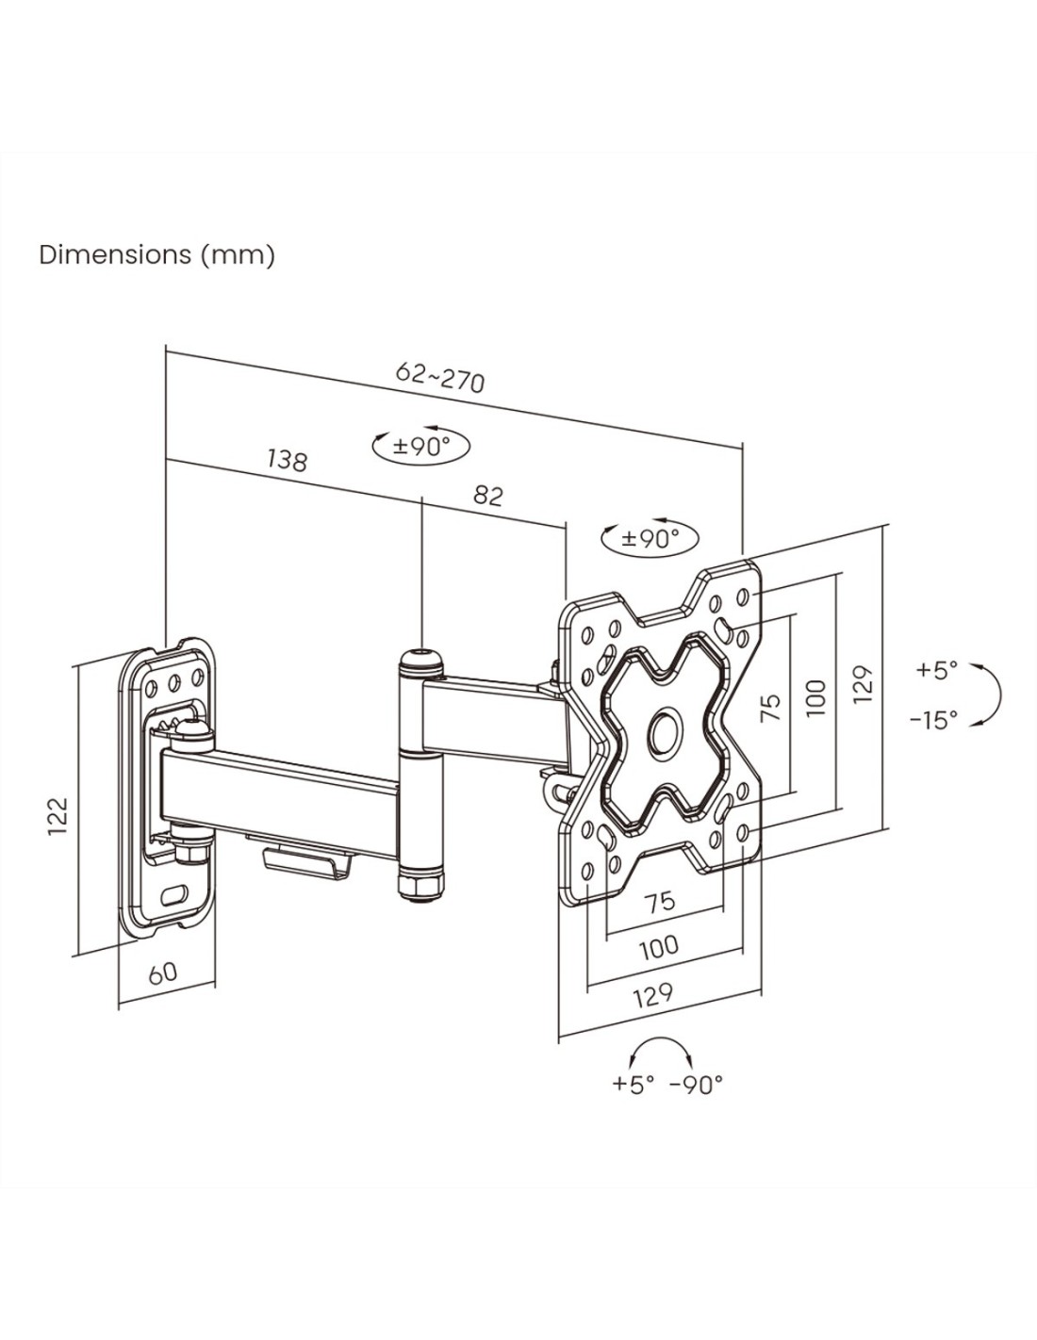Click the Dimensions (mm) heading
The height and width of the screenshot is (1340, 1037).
point(156,254)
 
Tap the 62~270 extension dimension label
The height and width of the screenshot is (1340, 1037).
point(440,377)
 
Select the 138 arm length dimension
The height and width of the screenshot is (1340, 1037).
point(287,459)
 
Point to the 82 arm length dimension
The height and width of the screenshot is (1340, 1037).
point(488,495)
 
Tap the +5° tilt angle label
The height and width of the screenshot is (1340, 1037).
point(937,670)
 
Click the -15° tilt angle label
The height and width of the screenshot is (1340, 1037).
point(935,719)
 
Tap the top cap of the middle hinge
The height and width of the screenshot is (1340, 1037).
point(421,661)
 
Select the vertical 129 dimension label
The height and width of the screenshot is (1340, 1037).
point(864,684)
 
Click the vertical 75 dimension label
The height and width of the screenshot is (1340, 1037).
point(772,707)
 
